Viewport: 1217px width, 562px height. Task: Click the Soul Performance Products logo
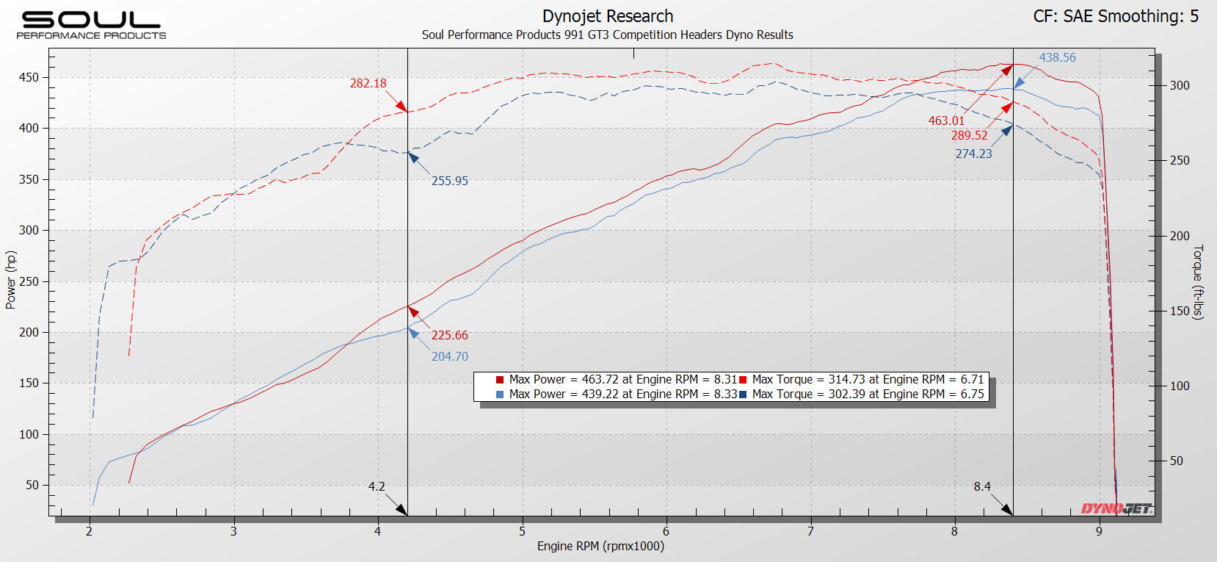[x=91, y=25]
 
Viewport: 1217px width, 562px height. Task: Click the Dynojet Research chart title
[x=608, y=16]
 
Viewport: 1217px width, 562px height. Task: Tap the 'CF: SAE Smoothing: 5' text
[x=1116, y=16]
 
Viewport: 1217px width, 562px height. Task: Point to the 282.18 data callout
[x=368, y=83]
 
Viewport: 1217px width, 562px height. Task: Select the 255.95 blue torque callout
[x=449, y=181]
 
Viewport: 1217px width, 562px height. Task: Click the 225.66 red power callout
[x=449, y=335]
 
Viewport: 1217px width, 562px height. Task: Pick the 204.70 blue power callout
[x=449, y=356]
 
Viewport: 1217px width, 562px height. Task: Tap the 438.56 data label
[x=1057, y=57]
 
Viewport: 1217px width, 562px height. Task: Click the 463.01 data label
[x=946, y=120]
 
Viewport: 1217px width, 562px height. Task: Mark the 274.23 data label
[x=973, y=154]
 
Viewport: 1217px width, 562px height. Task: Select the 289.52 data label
[x=969, y=135]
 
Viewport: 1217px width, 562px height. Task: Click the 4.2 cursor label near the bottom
[x=377, y=486]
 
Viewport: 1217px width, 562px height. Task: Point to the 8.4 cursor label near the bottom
[x=982, y=486]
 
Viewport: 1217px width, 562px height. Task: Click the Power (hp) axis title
[x=10, y=280]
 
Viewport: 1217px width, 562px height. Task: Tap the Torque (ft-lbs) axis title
[x=1198, y=282]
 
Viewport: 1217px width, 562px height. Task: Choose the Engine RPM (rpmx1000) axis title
[x=600, y=547]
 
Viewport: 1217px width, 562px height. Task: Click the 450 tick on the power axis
[x=29, y=78]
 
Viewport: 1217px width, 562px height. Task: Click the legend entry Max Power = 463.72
[x=616, y=379]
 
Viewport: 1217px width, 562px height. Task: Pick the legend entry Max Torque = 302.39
[x=861, y=394]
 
